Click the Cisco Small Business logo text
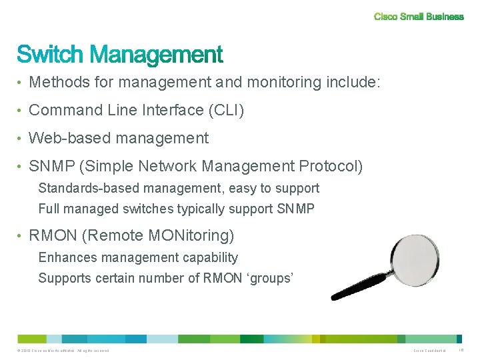[419, 17]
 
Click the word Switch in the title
[50, 55]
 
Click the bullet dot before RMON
[21, 236]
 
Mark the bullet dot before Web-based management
[21, 139]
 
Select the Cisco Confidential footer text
[429, 351]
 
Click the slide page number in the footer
[461, 351]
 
